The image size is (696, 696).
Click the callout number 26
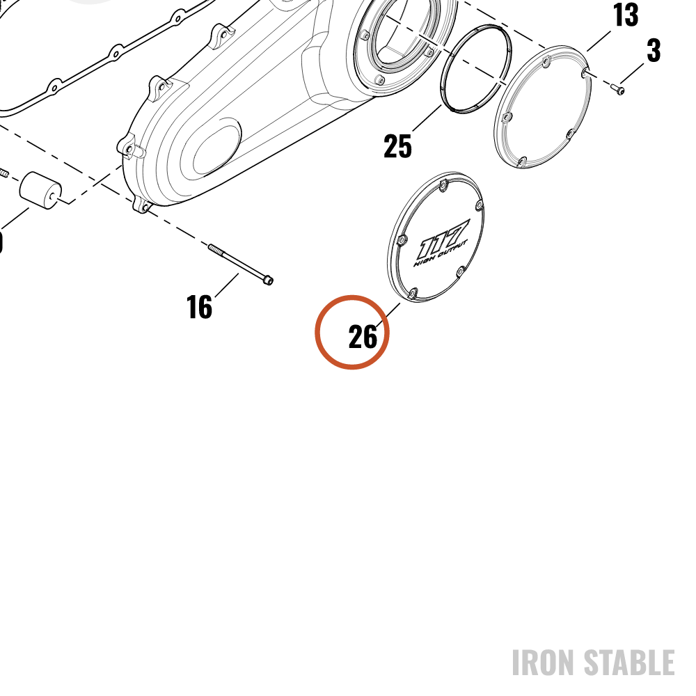tap(363, 336)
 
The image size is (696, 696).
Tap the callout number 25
tap(397, 146)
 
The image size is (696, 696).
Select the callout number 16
tap(199, 307)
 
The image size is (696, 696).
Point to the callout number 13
tap(626, 15)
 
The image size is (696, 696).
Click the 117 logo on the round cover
tap(442, 239)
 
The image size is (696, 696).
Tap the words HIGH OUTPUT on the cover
tap(441, 254)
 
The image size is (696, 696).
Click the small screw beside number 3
tap(617, 89)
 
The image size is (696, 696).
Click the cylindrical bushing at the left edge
tap(40, 191)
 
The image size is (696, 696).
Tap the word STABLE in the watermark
tap(629, 663)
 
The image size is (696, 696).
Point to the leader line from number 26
tap(388, 315)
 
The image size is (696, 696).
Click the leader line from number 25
tap(427, 118)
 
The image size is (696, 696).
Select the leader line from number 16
tap(227, 285)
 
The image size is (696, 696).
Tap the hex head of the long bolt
tap(268, 280)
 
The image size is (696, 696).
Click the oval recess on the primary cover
tap(216, 150)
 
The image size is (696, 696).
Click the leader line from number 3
tap(632, 73)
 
